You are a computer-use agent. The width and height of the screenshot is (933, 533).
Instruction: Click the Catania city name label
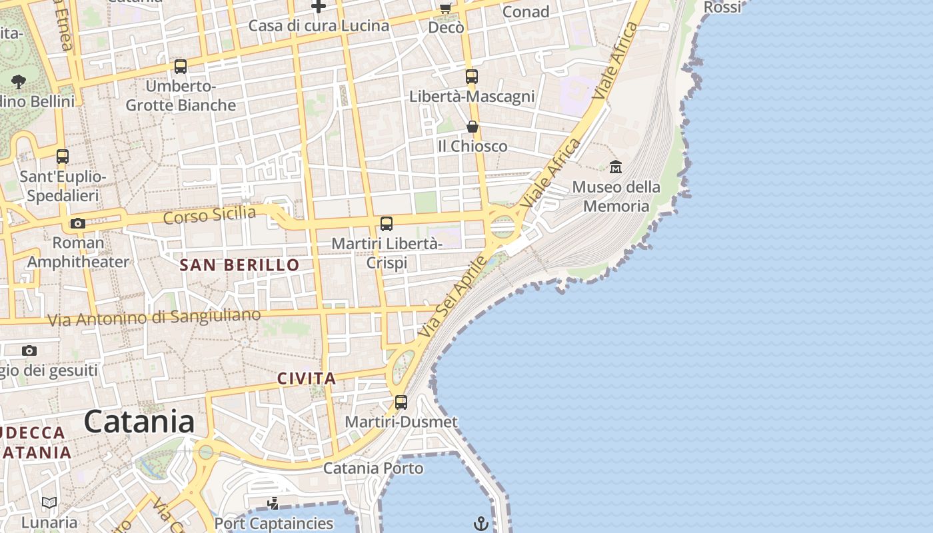tap(139, 422)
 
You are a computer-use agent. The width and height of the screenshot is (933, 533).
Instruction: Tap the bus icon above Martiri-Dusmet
tap(401, 402)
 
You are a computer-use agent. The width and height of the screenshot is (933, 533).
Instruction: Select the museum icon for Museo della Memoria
tap(616, 167)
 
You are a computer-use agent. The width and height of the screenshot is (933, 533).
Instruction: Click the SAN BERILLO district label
tap(240, 265)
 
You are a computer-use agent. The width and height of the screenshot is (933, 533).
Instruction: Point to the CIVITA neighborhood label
tap(307, 378)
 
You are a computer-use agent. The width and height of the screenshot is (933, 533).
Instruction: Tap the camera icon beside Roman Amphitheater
tap(78, 223)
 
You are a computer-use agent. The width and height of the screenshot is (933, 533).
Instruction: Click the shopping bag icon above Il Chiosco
tap(472, 127)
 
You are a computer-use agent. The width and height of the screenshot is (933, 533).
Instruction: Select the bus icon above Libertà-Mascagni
tap(472, 77)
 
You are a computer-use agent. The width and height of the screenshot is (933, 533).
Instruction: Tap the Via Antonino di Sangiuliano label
tap(154, 318)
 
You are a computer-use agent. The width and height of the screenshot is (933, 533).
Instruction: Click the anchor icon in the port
tap(481, 524)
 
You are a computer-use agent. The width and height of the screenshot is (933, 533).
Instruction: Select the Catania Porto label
tap(373, 468)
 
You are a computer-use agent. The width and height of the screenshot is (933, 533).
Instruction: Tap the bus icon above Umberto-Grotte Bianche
tap(181, 67)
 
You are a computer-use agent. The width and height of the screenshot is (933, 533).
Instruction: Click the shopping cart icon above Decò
tap(445, 9)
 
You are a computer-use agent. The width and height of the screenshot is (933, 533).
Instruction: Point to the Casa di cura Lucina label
tap(319, 26)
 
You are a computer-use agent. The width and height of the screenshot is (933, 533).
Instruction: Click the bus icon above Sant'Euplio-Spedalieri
tap(63, 157)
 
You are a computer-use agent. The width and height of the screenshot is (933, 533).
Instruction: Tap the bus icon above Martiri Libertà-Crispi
tap(387, 224)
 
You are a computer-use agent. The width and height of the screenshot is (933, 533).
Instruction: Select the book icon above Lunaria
tap(49, 502)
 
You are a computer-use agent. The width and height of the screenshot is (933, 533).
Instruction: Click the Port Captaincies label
tap(274, 524)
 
